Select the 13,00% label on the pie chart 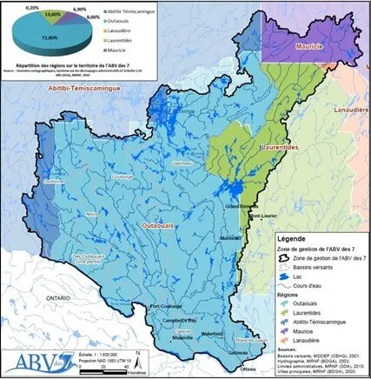coord(51,15)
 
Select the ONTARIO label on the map coord(59,296)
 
